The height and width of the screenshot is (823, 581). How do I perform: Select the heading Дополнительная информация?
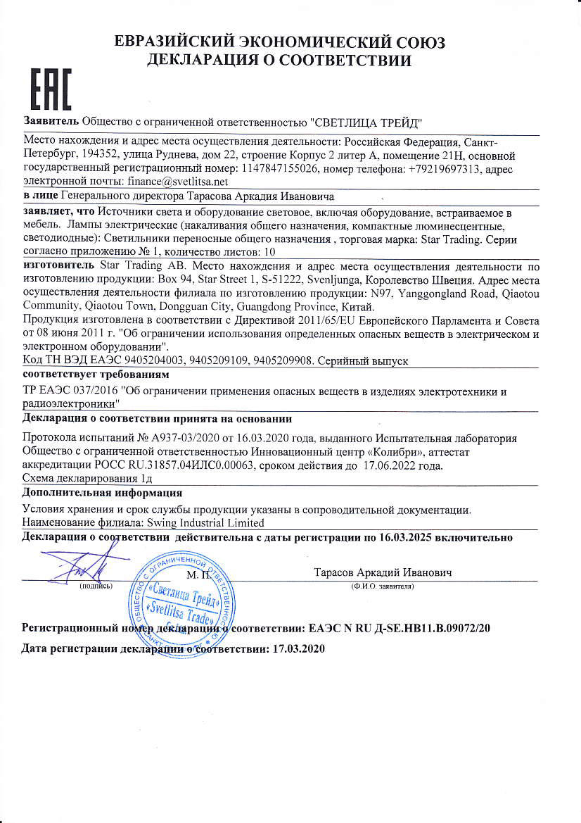coord(102,493)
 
